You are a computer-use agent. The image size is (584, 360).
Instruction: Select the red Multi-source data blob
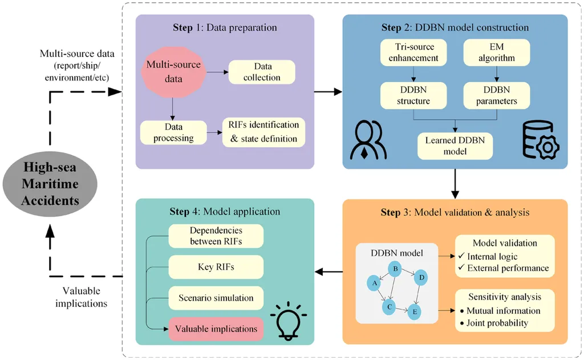[x=173, y=72]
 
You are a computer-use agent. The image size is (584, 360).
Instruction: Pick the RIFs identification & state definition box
[x=263, y=131]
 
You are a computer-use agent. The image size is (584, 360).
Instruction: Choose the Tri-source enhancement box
[x=413, y=51]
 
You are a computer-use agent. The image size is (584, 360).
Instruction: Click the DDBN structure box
[x=413, y=96]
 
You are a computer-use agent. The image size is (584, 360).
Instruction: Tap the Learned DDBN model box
[x=454, y=145]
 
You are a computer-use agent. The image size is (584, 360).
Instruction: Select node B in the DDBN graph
[x=394, y=269]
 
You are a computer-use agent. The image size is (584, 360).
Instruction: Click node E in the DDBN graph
[x=414, y=312]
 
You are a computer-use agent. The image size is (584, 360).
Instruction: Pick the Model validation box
[x=505, y=256]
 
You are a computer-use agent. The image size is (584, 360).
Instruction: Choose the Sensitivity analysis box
[x=505, y=310]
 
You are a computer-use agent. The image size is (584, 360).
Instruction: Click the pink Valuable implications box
[x=216, y=329]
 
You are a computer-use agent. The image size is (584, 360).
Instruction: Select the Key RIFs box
[x=216, y=266]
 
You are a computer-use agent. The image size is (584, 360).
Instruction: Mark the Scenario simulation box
[x=216, y=298]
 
